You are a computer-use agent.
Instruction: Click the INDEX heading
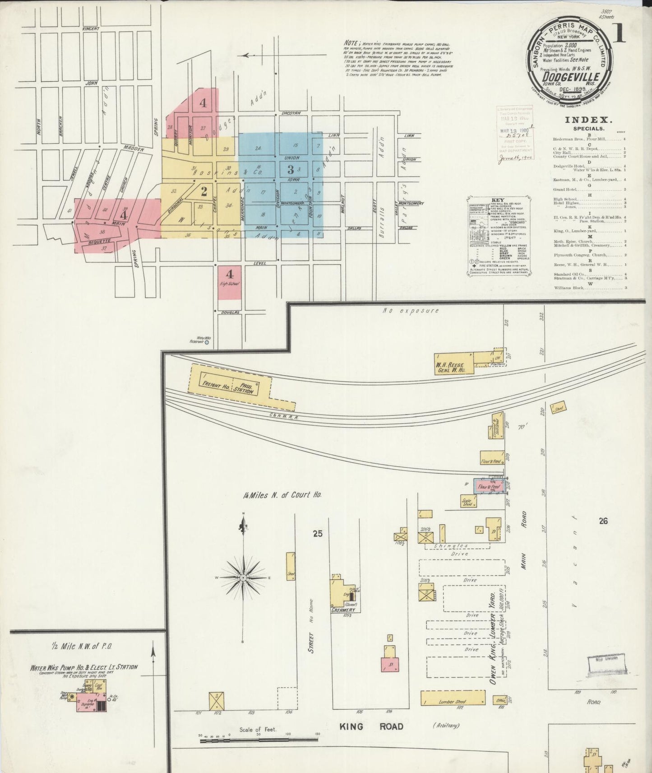[588, 120]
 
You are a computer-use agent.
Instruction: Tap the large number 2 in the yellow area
[204, 191]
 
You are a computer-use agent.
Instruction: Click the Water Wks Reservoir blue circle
[207, 343]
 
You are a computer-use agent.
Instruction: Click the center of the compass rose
[244, 578]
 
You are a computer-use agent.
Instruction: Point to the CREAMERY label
[344, 610]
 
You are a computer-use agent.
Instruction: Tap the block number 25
[318, 534]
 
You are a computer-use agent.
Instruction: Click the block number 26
[603, 521]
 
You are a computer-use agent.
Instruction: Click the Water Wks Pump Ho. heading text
[84, 667]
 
